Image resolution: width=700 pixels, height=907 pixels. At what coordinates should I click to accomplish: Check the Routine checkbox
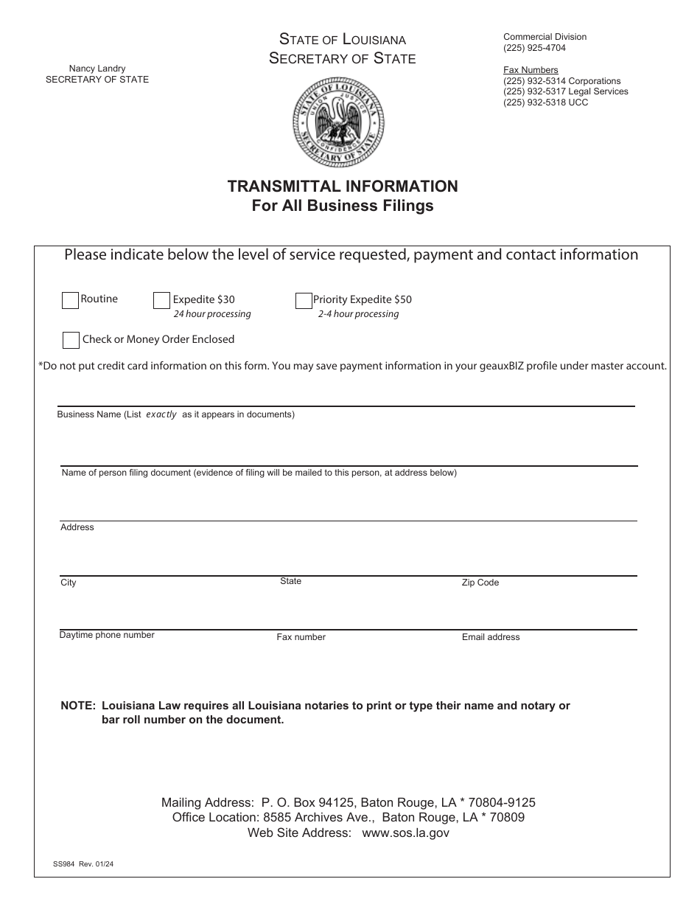(71, 301)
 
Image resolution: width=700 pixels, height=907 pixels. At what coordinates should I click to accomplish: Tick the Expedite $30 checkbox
(162, 301)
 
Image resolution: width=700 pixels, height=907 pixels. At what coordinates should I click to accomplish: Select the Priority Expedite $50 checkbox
(304, 301)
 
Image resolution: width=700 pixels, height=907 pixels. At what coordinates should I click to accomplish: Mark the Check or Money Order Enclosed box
(71, 340)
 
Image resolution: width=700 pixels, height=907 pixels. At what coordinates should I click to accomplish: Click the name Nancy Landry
(97, 69)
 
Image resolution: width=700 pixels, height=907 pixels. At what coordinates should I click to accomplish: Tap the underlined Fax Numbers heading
(531, 70)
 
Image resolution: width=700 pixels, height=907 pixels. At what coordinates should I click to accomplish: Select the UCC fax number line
(545, 102)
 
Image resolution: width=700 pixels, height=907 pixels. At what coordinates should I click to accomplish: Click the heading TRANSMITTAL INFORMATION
(343, 187)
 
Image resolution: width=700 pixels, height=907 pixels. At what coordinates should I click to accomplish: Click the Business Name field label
(175, 414)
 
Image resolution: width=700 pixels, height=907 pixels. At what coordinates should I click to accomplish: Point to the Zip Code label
(480, 583)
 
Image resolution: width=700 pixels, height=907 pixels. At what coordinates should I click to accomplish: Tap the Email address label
(491, 637)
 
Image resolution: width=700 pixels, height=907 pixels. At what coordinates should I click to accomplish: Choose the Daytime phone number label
(107, 635)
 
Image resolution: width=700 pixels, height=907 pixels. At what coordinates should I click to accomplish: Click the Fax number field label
(301, 637)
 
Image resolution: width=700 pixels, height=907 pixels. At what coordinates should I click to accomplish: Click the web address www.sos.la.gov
(405, 833)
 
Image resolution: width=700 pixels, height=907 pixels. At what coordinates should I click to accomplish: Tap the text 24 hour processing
(212, 314)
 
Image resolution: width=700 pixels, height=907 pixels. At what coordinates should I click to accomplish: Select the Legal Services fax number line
(565, 91)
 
